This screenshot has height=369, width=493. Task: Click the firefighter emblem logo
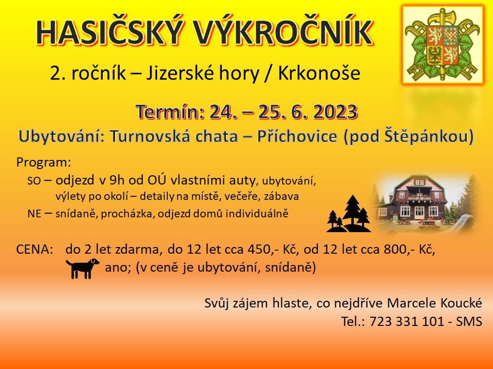point(443,45)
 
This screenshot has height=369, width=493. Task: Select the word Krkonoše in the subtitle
point(319,73)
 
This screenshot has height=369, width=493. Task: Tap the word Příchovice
point(297,136)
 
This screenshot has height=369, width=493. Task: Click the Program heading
point(44,162)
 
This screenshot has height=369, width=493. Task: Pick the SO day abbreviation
point(34,181)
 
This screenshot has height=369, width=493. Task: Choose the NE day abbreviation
point(34,214)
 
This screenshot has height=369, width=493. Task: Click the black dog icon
point(82,268)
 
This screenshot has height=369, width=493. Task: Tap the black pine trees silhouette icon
point(349,214)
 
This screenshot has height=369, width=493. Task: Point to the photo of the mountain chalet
point(424,204)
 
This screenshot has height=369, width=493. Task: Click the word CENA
point(34,250)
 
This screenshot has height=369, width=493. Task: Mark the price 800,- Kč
point(409,250)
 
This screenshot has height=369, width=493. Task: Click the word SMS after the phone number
point(469,322)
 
